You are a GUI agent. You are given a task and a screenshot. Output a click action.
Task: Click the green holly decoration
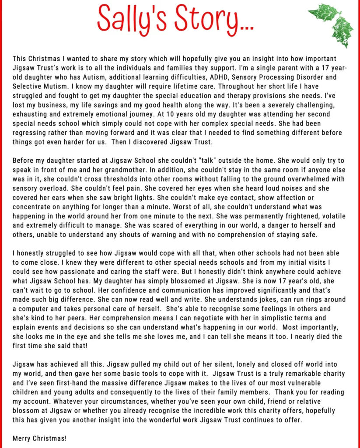click(332, 23)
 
